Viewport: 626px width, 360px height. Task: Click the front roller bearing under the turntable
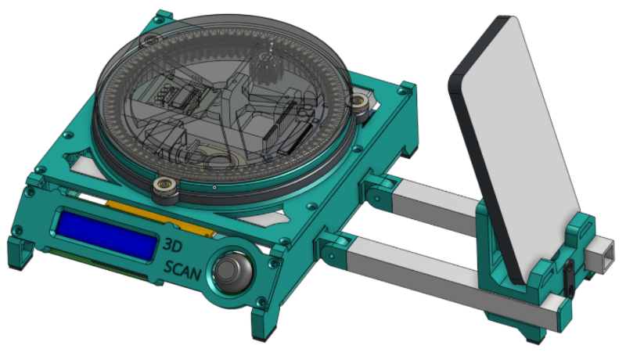165,186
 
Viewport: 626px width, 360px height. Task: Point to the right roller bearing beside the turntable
361,104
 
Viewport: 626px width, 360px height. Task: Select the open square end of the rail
605,254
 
